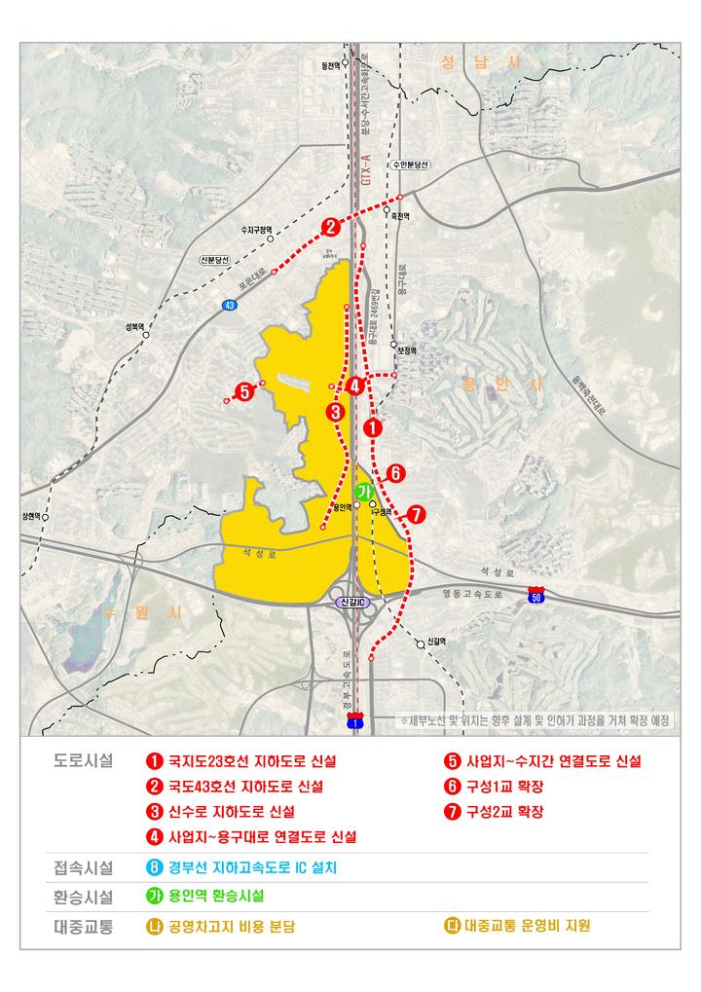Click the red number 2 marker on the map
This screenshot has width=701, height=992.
331,228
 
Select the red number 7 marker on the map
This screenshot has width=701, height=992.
417,515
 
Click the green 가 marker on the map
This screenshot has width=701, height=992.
363,493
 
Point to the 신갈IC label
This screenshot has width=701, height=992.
351,603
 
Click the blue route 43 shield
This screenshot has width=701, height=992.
230,305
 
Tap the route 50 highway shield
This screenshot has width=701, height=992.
535,593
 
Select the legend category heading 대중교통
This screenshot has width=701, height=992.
83,926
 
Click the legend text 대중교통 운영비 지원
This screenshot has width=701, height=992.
527,926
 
